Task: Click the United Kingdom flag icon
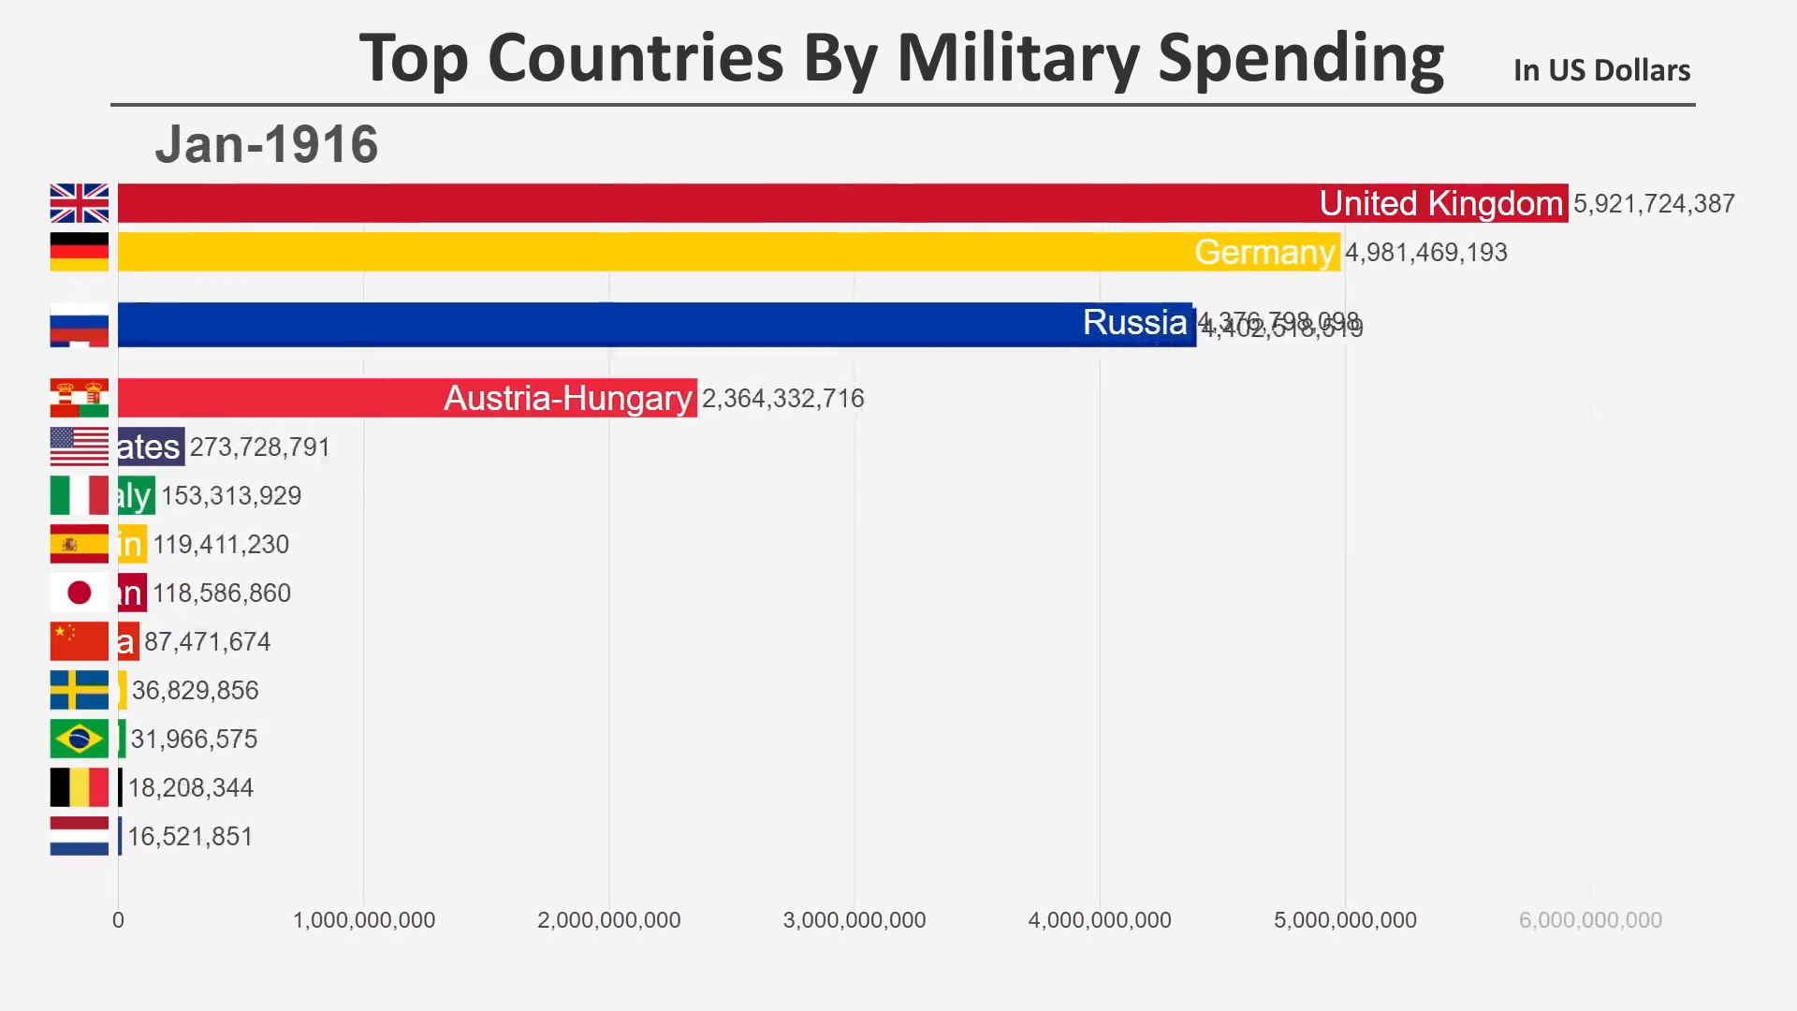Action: (x=80, y=203)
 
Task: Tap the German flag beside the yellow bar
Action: (x=80, y=252)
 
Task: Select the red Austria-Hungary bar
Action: (x=407, y=398)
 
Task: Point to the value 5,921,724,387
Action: (x=1654, y=204)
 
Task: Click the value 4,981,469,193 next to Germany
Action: (x=1425, y=253)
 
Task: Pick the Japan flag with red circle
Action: (x=80, y=593)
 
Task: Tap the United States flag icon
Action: (x=80, y=447)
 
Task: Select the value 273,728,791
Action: (x=259, y=447)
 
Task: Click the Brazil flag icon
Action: (x=80, y=739)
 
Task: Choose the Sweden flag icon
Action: (x=80, y=690)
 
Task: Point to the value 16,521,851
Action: (x=190, y=837)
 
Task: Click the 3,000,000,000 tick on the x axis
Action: (x=855, y=920)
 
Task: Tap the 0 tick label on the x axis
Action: (x=118, y=920)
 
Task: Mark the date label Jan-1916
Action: (x=267, y=145)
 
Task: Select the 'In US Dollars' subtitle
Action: (x=1601, y=70)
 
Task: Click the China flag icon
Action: (x=80, y=641)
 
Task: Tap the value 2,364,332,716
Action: (x=782, y=399)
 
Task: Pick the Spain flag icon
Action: (x=80, y=544)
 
